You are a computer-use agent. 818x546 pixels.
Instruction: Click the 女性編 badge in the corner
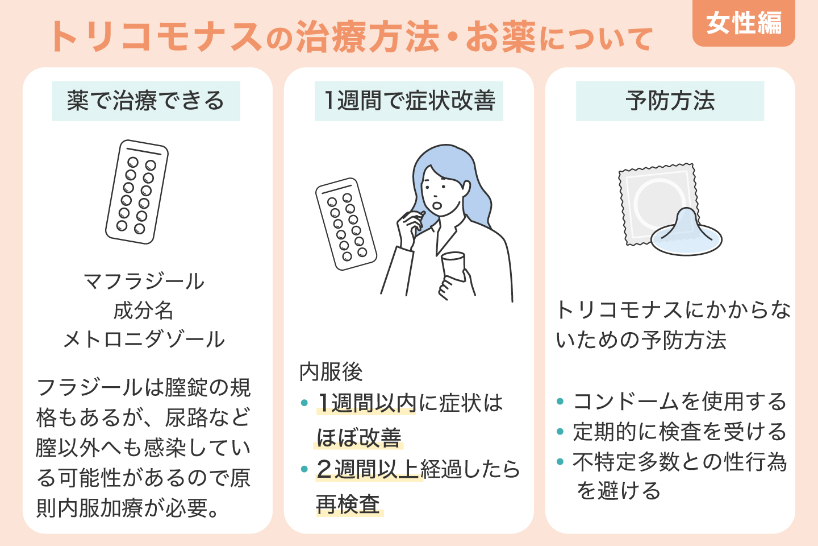744,24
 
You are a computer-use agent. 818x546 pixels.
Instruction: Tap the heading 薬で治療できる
146,101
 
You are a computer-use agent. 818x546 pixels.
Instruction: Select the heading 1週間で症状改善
409,101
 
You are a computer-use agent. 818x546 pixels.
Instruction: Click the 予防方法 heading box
670,101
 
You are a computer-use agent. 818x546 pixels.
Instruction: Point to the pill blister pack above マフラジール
137,192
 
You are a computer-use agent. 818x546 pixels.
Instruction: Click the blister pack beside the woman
346,224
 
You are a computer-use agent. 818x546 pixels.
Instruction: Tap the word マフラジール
144,282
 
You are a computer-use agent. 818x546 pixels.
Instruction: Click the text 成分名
144,311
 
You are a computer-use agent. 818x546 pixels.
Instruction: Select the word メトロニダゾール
144,340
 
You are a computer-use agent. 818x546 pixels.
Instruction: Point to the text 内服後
331,372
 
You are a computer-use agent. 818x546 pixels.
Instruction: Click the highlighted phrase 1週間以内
367,403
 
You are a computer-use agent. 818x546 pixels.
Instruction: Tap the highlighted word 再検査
348,504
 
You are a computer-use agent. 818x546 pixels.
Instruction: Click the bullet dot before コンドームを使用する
560,402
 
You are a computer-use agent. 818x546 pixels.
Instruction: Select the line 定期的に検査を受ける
679,432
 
